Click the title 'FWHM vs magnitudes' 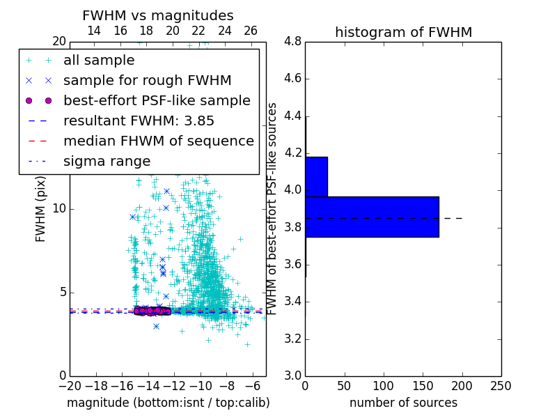pos(158,16)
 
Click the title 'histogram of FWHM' pos(403,32)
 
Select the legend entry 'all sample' pos(99,61)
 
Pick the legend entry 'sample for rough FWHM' pos(148,80)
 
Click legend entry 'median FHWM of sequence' pos(158,141)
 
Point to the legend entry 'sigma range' pos(107,161)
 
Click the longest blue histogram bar pos(372,217)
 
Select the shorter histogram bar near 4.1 pos(316,176)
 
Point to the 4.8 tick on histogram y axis pos(292,42)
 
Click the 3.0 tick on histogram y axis pos(292,376)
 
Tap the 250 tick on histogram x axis pos(501,386)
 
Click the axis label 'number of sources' pos(403,403)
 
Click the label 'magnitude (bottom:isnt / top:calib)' pos(168,403)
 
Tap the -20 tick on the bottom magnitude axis pos(70,386)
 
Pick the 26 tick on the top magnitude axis pos(251,31)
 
